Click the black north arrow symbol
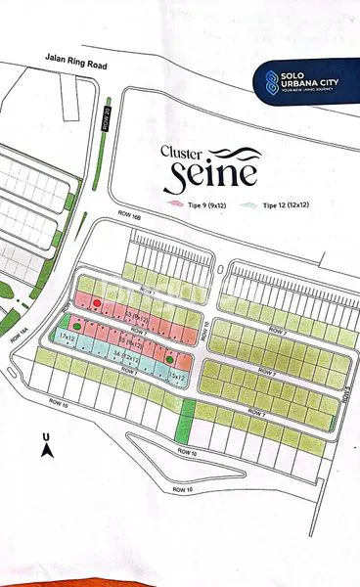click(45, 451)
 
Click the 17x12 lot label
click(67, 338)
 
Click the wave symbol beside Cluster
click(234, 154)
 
